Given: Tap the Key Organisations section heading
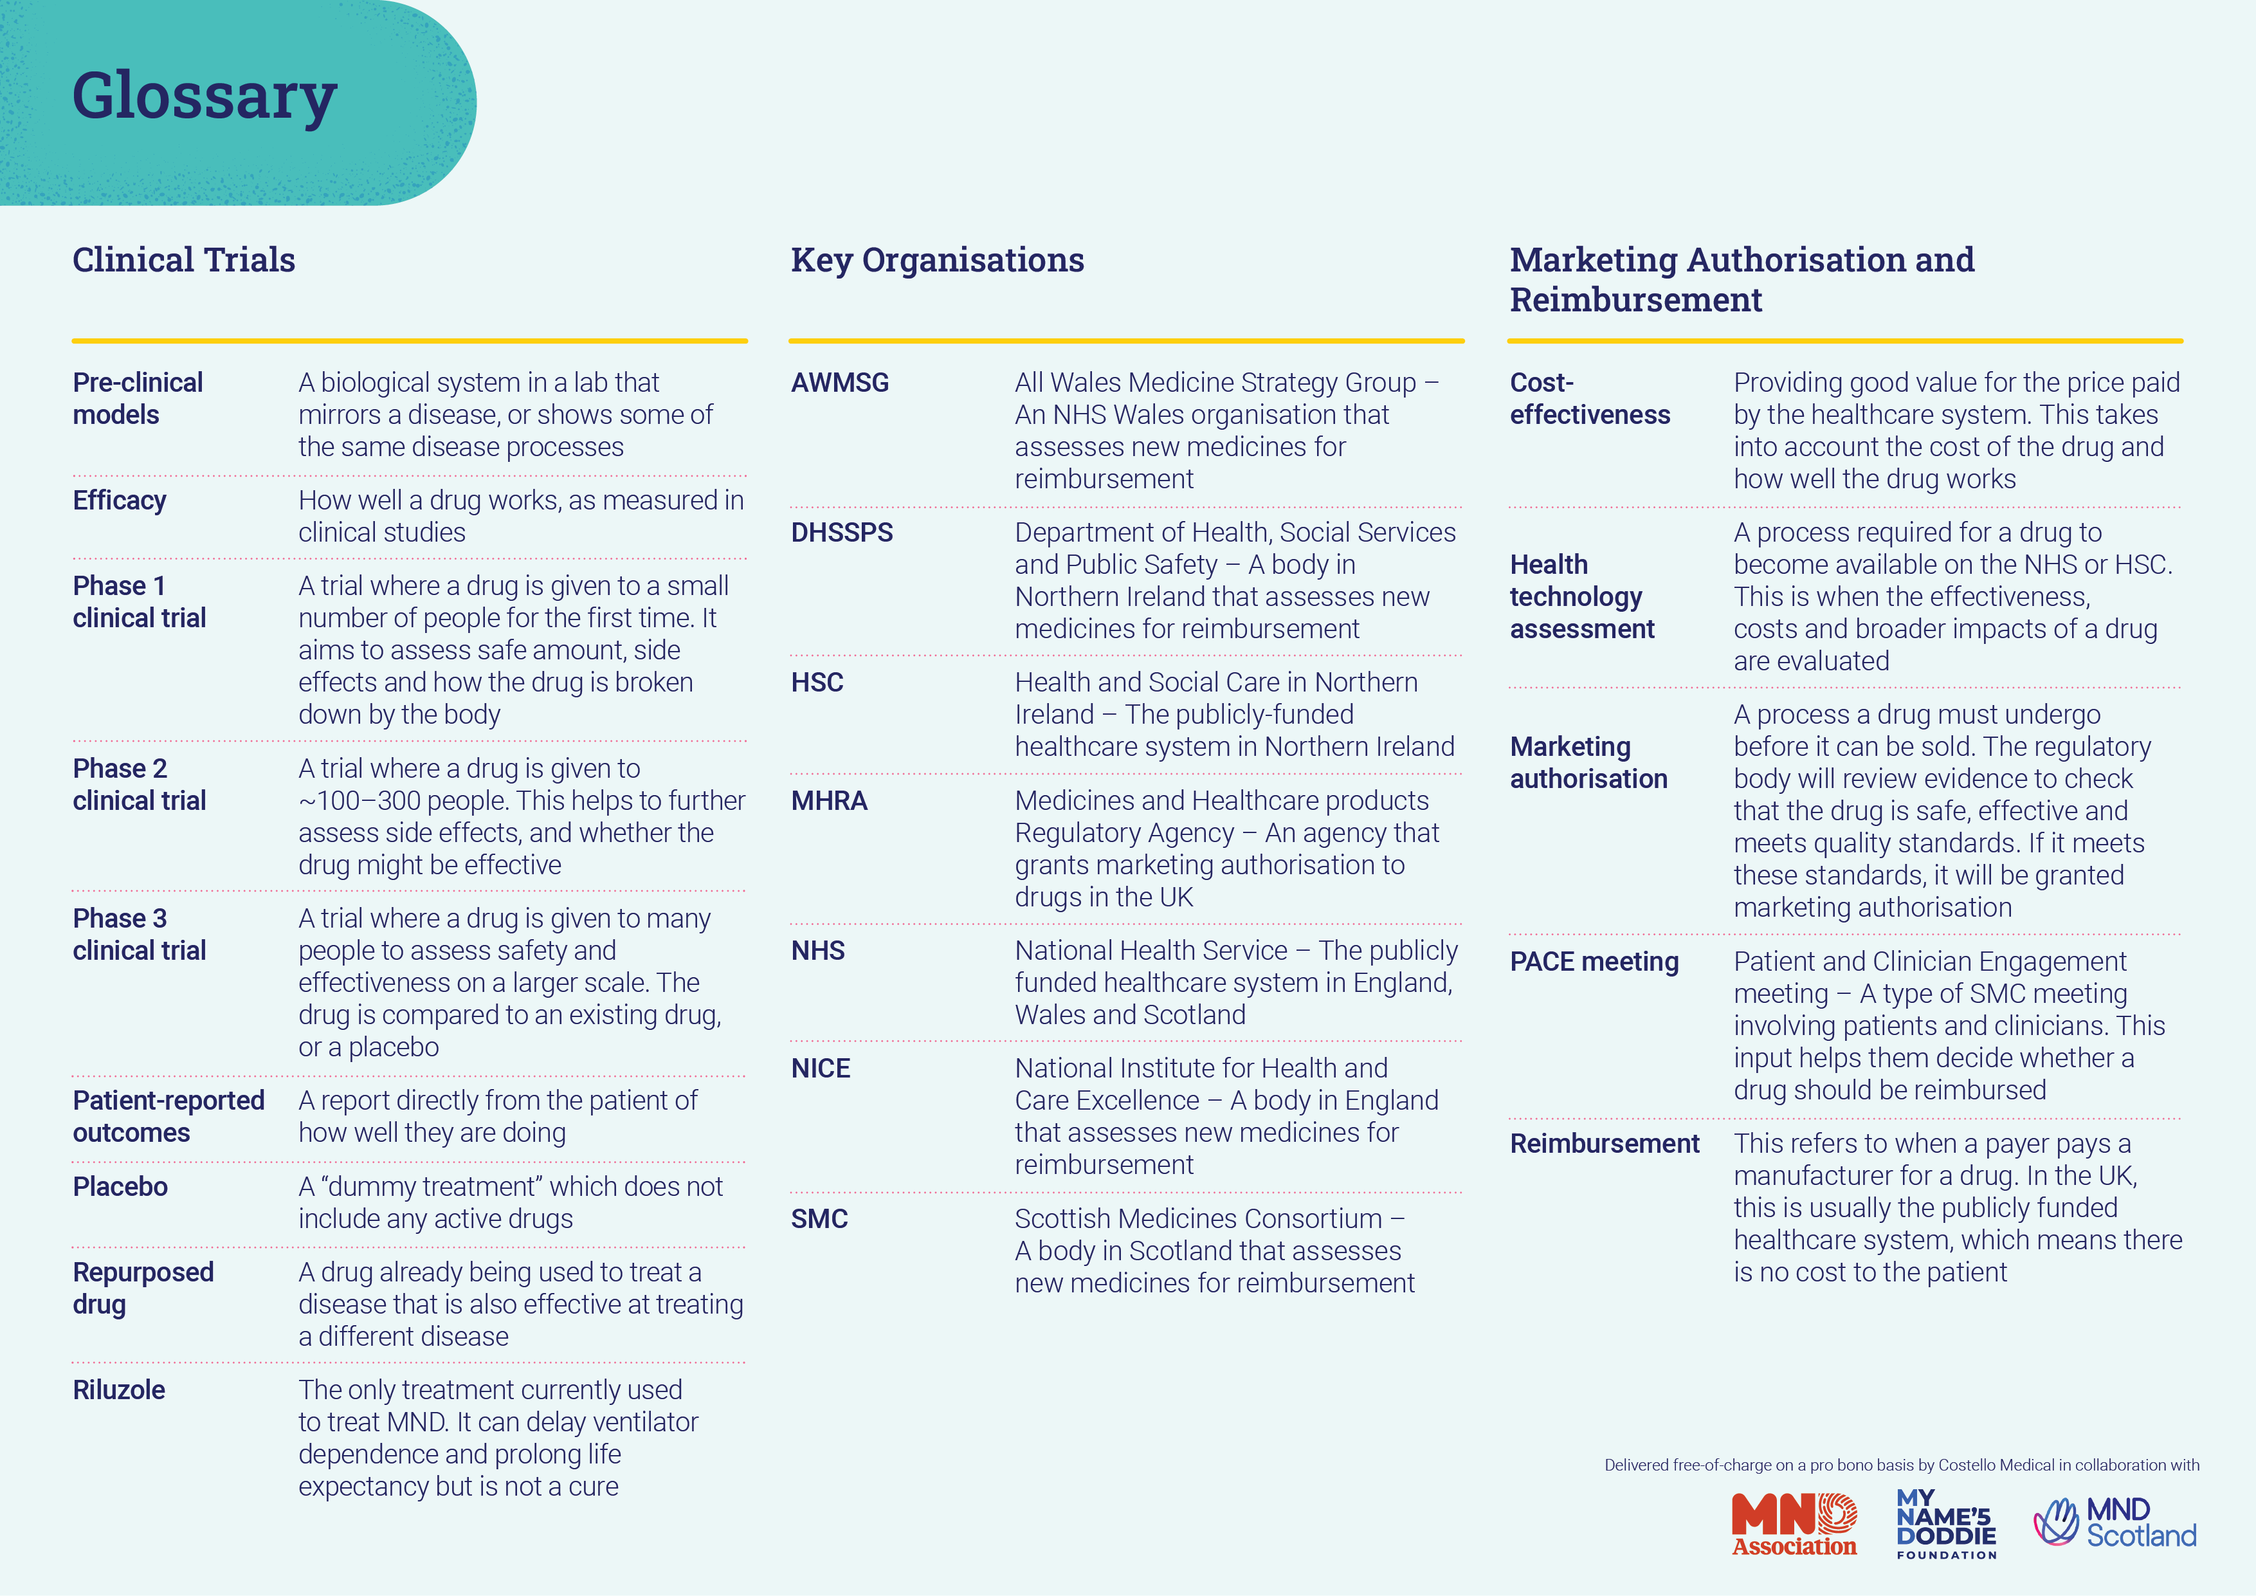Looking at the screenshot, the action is (938, 261).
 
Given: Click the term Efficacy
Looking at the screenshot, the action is (120, 500).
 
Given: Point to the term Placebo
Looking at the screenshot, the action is (120, 1186).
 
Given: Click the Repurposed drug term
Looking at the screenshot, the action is (143, 1289).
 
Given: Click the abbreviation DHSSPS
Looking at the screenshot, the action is (842, 533).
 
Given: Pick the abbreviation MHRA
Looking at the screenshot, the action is (830, 801).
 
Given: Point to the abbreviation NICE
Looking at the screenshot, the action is (821, 1069).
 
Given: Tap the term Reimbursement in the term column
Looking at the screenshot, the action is (1605, 1144).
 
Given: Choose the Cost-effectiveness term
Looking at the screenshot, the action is (1590, 399).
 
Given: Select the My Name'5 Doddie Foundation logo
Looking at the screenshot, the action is (1947, 1524).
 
